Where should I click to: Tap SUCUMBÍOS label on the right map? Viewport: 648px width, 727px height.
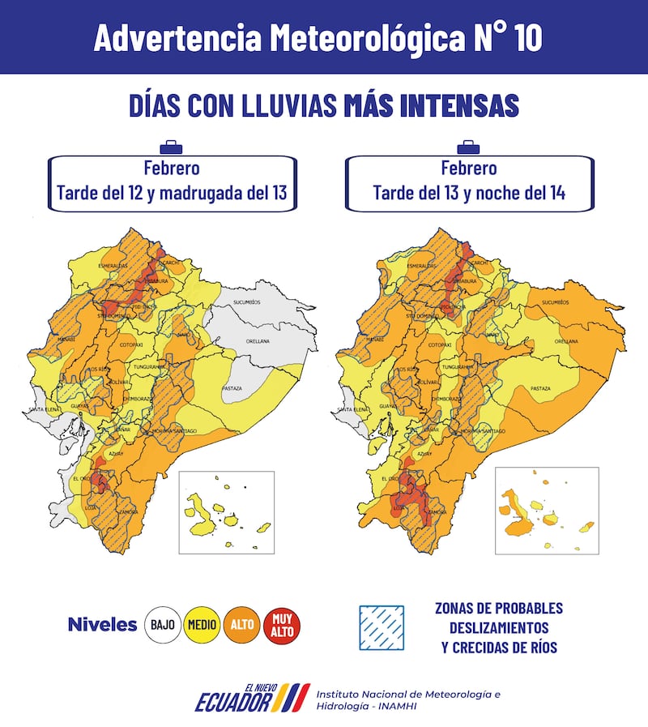(x=556, y=301)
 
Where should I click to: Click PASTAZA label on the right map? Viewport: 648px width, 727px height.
(x=540, y=389)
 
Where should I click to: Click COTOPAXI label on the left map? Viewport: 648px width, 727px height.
(x=131, y=344)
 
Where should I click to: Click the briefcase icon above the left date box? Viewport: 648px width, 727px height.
(x=171, y=148)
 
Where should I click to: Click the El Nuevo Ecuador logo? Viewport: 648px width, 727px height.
(x=251, y=698)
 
